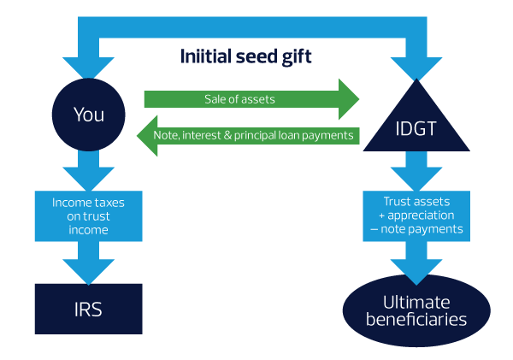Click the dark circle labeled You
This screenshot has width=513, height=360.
pos(89,113)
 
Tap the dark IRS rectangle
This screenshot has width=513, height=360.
pos(89,309)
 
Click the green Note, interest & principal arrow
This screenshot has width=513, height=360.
pos(253,135)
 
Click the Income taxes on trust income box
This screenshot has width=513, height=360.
pos(89,217)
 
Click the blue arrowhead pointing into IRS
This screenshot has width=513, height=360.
pos(89,269)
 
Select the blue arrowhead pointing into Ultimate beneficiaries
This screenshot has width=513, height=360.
pos(417,269)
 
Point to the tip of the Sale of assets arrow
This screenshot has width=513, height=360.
pos(357,99)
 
